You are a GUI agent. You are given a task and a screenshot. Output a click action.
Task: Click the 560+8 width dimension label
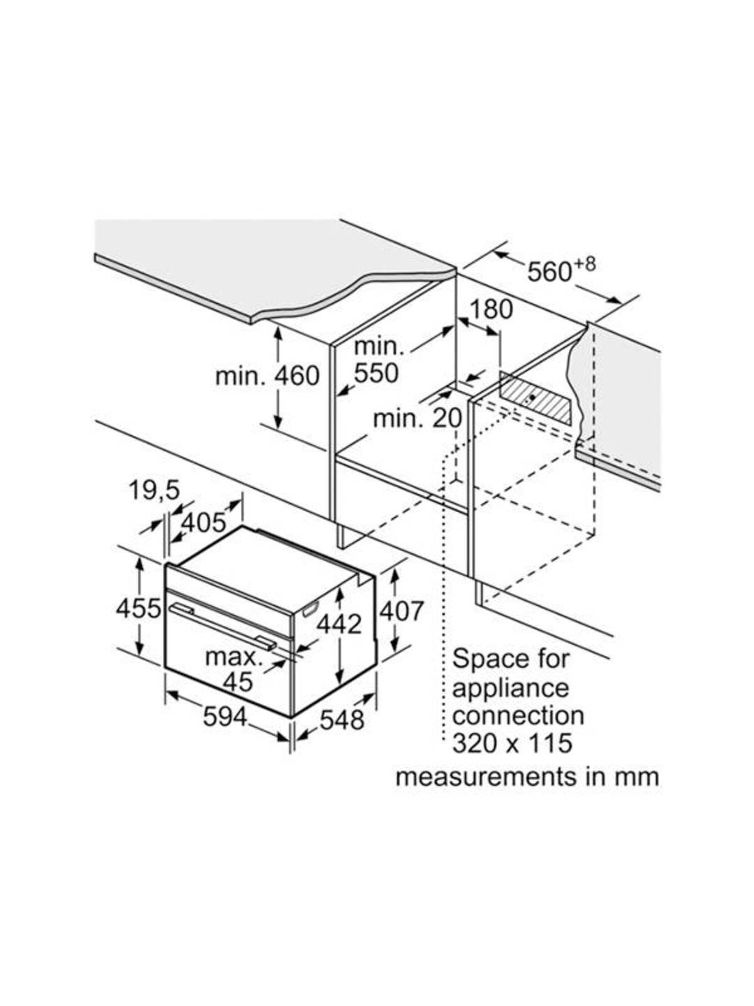(561, 270)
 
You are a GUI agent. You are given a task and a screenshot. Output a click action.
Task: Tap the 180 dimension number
(491, 309)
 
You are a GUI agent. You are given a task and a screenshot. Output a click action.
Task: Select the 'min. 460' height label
(267, 376)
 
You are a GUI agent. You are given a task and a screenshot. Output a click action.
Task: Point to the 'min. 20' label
(417, 418)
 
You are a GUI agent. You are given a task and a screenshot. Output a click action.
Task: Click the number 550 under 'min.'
(376, 373)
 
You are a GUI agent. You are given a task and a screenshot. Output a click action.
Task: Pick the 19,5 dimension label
(153, 490)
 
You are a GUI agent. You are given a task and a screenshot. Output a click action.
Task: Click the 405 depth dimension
(203, 523)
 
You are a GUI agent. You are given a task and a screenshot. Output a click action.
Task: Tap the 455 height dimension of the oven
(139, 608)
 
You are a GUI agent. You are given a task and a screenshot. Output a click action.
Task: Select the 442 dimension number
(339, 623)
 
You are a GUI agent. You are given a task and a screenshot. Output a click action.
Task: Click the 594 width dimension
(225, 716)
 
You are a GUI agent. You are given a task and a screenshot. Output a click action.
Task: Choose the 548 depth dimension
(342, 720)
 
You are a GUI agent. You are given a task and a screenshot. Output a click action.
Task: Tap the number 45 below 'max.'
(237, 681)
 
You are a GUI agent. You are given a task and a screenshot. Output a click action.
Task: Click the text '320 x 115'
(512, 743)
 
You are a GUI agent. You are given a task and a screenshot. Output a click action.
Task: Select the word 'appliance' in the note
(510, 687)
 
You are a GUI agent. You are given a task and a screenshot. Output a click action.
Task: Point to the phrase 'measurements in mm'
(527, 777)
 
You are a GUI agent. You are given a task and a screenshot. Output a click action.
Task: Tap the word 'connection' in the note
(518, 715)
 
